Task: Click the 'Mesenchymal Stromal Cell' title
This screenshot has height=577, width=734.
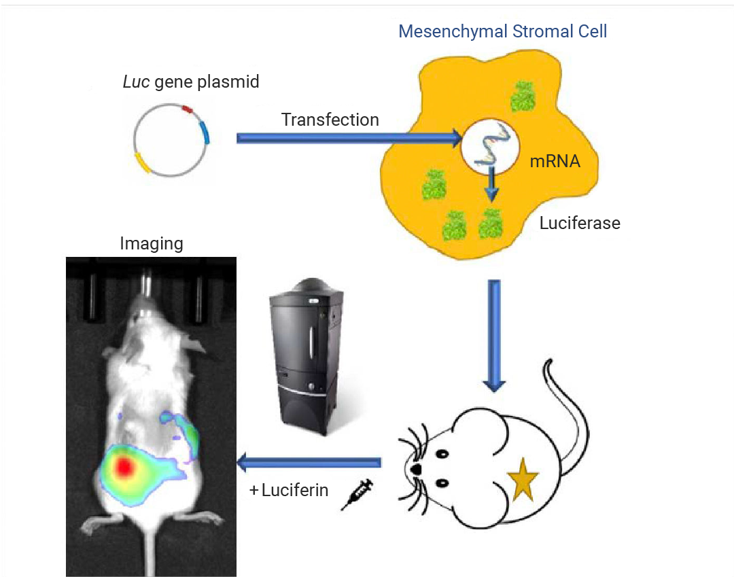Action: [502, 31]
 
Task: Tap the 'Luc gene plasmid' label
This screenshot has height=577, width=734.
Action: [190, 82]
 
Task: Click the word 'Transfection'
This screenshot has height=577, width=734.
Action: [330, 120]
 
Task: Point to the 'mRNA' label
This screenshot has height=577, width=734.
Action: [555, 162]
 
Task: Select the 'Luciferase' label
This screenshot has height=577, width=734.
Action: [580, 223]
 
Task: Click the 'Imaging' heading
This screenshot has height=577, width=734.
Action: [151, 243]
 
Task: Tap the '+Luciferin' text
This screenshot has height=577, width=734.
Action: [289, 490]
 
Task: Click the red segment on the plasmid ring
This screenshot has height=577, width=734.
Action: [188, 109]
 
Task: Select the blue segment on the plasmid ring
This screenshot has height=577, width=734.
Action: [205, 133]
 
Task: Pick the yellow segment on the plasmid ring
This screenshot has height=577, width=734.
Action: [142, 162]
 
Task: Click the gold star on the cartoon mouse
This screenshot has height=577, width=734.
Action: [523, 479]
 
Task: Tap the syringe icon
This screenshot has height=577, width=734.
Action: [357, 494]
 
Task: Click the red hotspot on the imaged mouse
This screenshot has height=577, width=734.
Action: [124, 467]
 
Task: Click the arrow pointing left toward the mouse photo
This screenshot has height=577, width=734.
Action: [309, 463]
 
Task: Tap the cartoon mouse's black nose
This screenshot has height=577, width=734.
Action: [415, 469]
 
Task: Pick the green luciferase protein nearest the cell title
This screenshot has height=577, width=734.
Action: [523, 97]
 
